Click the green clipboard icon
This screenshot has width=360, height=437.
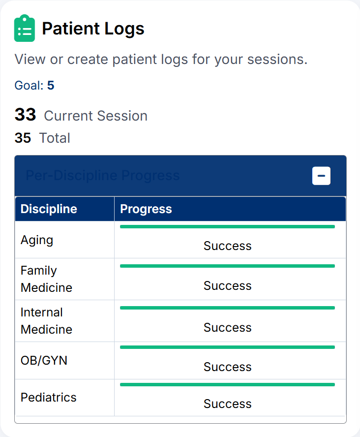[24, 29]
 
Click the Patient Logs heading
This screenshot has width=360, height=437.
[93, 29]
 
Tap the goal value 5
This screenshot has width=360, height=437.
[51, 86]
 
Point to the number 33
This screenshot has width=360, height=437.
[26, 115]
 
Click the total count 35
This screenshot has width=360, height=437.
[23, 138]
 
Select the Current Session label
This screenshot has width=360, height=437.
[95, 116]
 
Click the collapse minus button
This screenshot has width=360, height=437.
[321, 176]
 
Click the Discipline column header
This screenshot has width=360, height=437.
[49, 209]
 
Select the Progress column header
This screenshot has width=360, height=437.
[146, 209]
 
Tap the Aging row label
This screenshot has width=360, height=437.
[37, 240]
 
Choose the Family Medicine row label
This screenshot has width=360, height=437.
[46, 279]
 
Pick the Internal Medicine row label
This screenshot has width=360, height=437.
[46, 321]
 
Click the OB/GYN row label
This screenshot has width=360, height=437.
[44, 360]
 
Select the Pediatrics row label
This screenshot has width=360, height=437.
[48, 397]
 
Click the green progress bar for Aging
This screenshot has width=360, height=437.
[227, 227]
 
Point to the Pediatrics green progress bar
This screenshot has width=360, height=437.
[227, 384]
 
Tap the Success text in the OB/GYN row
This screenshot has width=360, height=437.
[227, 367]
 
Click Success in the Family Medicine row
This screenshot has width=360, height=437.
[227, 285]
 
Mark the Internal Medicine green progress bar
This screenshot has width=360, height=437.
[227, 308]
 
